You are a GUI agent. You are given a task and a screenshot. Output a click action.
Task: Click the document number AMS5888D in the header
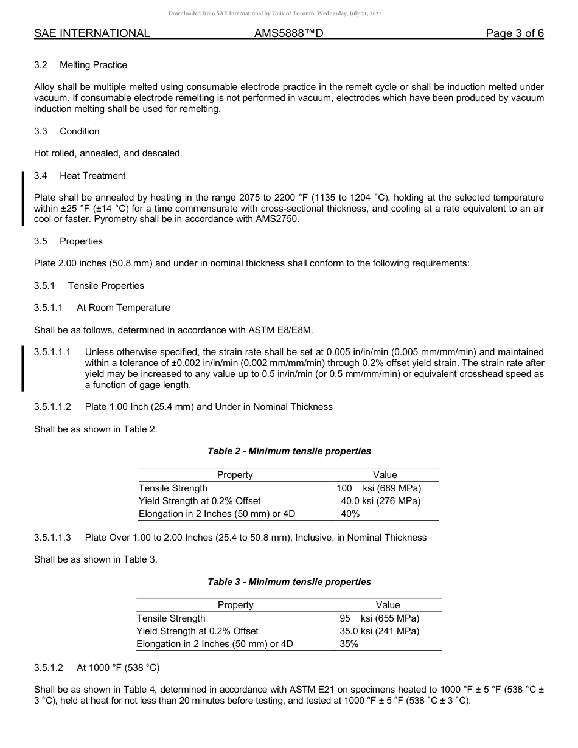[288, 33]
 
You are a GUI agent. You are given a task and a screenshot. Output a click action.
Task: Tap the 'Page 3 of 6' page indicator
[514, 33]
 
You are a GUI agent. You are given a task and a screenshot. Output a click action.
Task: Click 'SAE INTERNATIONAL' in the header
[92, 33]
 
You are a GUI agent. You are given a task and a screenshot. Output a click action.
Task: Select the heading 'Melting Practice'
[93, 65]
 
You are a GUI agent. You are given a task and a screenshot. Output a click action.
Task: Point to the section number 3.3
[41, 131]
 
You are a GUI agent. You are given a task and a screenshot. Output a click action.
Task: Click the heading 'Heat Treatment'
[92, 176]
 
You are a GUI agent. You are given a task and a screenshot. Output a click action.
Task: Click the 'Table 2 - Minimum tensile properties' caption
[289, 451]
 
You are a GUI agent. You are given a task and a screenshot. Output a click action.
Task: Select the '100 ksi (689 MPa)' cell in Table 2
[378, 488]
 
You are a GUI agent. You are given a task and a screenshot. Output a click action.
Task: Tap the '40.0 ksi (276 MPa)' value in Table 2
[380, 501]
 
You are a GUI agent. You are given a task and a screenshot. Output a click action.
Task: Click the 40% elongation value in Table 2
[350, 514]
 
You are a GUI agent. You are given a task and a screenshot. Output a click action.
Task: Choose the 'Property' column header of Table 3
[235, 605]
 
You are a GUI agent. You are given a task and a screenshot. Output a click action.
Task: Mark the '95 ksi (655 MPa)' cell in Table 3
[379, 618]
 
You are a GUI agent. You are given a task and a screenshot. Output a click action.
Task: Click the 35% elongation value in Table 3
[349, 644]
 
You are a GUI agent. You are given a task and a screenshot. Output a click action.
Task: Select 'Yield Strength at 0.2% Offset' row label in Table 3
[197, 631]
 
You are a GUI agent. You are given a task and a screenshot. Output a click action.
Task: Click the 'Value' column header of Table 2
[385, 475]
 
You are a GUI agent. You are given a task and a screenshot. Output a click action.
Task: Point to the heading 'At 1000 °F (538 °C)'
[118, 668]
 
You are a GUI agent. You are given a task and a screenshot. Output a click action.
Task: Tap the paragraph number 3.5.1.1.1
[53, 352]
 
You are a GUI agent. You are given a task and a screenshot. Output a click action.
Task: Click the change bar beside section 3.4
[23, 198]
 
